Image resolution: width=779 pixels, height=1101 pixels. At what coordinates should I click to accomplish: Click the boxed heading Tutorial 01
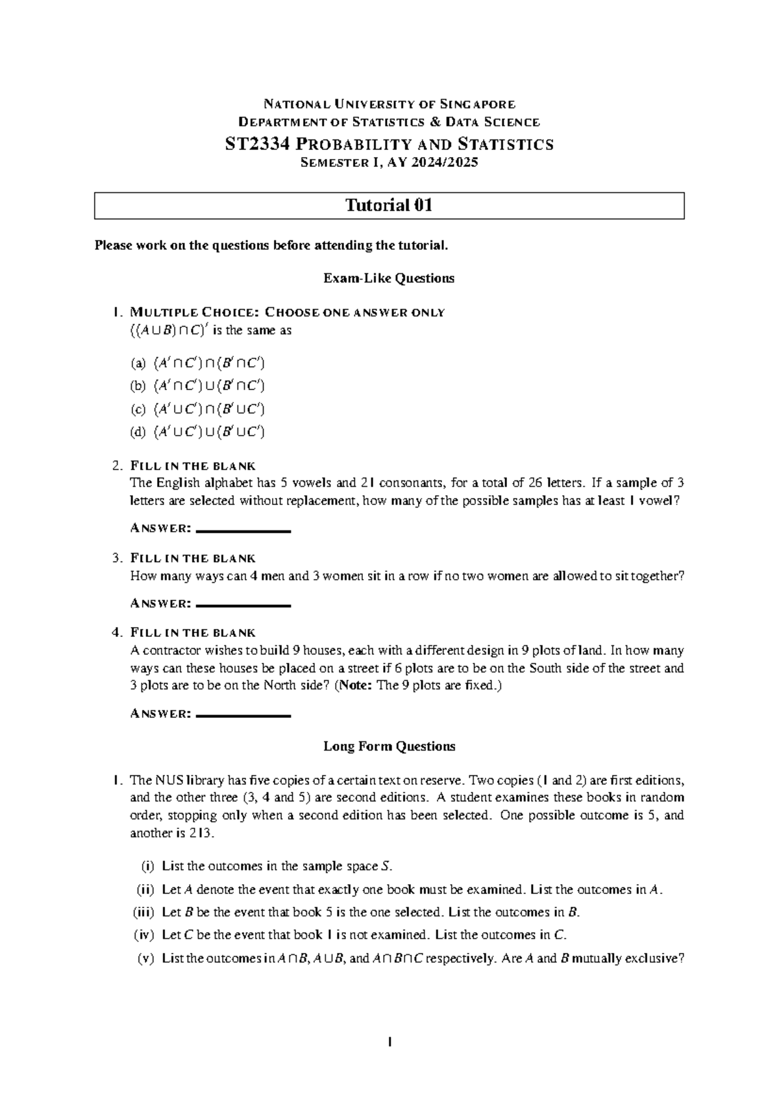389,206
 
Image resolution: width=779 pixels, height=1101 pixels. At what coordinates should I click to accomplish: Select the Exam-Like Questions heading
389,278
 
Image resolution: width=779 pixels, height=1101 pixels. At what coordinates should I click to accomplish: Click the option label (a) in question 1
138,363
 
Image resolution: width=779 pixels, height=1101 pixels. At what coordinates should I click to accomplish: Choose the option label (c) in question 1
138,409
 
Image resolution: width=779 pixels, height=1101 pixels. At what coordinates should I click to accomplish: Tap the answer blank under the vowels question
243,532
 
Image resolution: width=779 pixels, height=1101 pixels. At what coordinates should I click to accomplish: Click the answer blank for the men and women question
243,606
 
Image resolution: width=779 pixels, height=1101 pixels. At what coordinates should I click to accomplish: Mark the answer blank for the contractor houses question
243,716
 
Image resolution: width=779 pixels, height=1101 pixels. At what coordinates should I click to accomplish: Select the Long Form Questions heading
389,747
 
